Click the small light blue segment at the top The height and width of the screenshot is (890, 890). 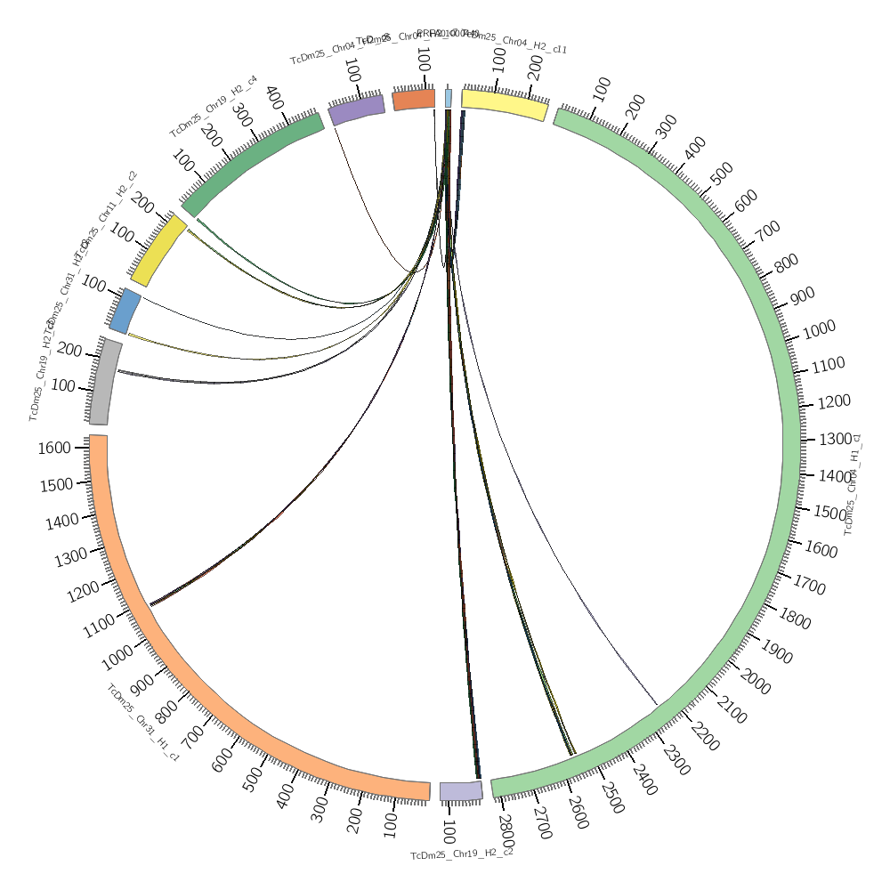[x=449, y=98]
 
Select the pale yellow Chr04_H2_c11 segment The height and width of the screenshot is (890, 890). [x=504, y=104]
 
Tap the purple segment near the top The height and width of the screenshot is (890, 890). [x=356, y=109]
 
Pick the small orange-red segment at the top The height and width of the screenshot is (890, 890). [x=413, y=99]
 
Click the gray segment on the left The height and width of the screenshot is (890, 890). [x=104, y=383]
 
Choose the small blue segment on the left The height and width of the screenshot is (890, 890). [x=125, y=310]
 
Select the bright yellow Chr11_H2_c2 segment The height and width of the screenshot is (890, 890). [x=159, y=251]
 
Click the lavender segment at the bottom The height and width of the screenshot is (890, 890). [x=461, y=790]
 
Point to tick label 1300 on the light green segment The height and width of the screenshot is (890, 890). [x=835, y=439]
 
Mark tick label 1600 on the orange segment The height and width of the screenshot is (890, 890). [x=54, y=448]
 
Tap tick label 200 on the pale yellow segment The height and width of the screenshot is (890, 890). [x=536, y=68]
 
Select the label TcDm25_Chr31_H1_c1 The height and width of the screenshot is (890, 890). [x=143, y=723]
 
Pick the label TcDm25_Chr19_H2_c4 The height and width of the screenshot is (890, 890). [x=214, y=106]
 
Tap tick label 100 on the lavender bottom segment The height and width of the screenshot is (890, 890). [x=448, y=833]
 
